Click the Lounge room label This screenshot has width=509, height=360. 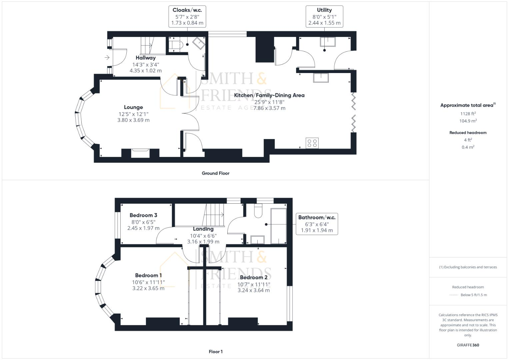pos(133,107)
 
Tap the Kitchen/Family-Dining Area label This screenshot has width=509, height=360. pos(269,95)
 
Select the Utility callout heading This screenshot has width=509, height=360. pos(324,10)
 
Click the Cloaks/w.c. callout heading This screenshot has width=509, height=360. pos(187,10)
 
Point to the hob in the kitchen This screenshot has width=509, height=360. pos(312,143)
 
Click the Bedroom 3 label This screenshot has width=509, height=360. pos(143,215)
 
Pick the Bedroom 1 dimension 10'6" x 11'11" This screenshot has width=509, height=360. pos(148,282)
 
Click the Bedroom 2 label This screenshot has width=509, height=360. pos(253,277)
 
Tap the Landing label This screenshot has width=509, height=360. pos(203,229)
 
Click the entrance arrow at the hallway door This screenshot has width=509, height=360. pos(107,58)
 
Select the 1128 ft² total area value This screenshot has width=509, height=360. pos(468,114)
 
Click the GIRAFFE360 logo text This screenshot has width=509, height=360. pos(468,345)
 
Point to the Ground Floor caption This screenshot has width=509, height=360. pos(215,173)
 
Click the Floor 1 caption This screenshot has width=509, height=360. pos(215,352)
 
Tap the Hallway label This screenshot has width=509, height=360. pos(145,58)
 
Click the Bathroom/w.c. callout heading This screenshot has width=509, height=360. pos(317,217)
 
